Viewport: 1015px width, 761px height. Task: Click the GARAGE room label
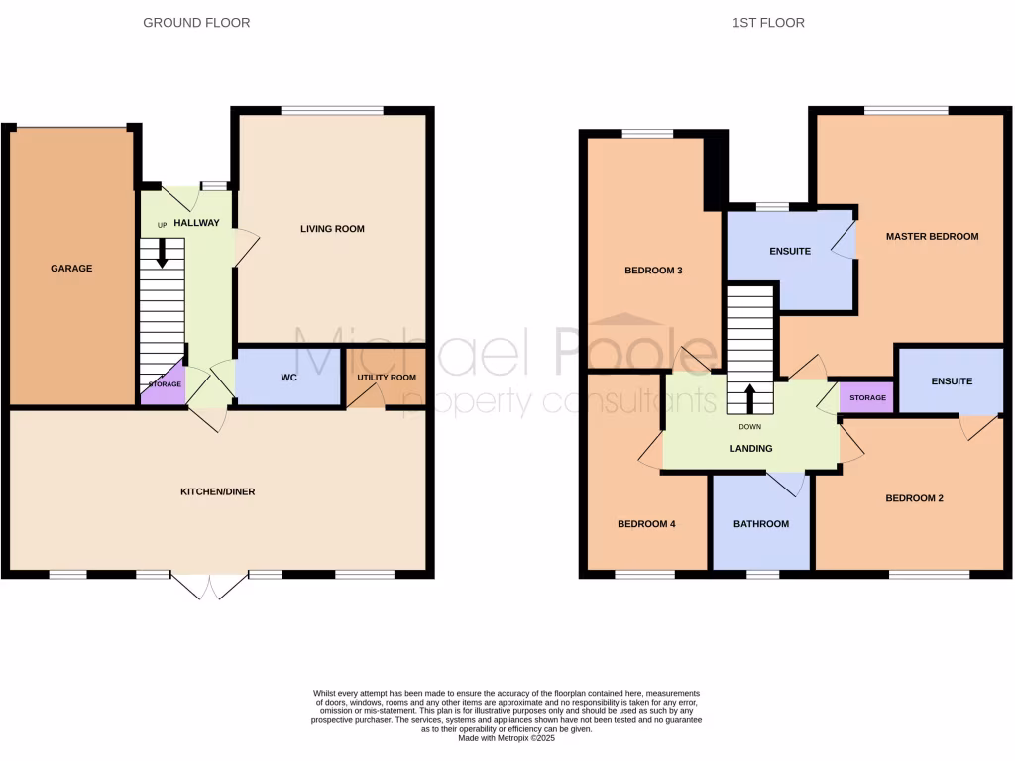71,268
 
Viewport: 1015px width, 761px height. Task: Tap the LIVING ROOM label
332,229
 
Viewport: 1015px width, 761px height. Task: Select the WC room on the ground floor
289,378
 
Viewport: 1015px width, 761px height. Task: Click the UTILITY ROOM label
387,378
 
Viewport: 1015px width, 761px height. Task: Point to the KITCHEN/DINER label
217,491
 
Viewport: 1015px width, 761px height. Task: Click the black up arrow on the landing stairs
749,398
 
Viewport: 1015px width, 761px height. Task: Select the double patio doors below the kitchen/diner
209,586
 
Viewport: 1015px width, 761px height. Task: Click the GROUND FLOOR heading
196,22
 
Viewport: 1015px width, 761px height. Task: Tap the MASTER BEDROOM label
932,236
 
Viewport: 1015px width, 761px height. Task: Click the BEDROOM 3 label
653,270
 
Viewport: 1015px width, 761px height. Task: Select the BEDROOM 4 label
646,524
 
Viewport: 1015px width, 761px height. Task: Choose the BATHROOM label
761,524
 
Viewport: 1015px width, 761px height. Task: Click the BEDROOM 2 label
914,498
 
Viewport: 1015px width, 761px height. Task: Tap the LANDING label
751,448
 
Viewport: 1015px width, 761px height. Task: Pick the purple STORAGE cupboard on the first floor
867,397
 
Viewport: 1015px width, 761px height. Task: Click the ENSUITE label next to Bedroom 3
790,251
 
